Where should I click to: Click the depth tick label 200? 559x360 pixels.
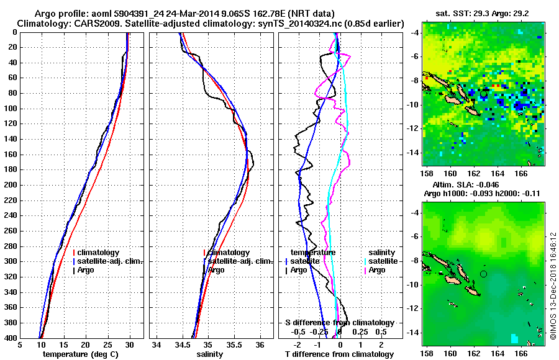tap(9, 185)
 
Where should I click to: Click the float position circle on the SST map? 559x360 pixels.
tap(484, 93)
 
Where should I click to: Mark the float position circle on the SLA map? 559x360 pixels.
tap(484, 273)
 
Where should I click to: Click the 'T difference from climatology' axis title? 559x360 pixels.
tap(339, 354)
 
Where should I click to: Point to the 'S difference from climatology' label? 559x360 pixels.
tap(339, 323)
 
